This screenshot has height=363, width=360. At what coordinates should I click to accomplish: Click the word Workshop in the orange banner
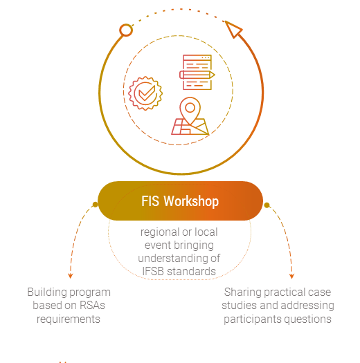191,201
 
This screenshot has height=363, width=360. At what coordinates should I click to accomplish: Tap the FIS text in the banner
150,201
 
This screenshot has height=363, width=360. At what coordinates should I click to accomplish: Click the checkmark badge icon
145,93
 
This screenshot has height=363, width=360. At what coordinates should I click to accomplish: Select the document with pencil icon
197,72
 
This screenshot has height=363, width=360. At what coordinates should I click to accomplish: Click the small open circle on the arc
126,30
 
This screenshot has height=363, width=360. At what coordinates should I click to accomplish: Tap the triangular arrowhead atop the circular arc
233,29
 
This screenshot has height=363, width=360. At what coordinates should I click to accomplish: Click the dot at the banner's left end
95,205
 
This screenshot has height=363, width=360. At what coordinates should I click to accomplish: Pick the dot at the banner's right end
267,205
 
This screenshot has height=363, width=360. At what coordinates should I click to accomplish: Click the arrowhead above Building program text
71,276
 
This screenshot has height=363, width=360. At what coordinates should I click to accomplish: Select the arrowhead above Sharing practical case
291,276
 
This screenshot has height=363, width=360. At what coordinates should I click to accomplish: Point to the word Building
46,292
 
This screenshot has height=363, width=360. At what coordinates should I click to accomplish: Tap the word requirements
69,319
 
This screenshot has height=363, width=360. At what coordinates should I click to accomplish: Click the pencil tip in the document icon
214,75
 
